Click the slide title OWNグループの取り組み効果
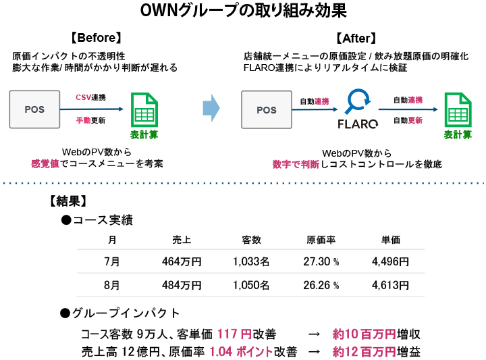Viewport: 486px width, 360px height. click(x=243, y=12)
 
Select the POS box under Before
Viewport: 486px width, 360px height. click(x=35, y=109)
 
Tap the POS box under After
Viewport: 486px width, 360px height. click(x=268, y=109)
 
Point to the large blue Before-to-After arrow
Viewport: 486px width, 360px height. click(x=211, y=108)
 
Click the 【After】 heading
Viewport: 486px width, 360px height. click(x=355, y=38)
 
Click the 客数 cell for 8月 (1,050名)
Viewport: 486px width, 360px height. click(x=251, y=285)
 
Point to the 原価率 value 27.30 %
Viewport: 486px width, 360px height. click(x=321, y=262)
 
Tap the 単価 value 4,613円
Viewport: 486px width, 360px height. click(x=390, y=285)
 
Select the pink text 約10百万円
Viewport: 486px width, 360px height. click(x=364, y=334)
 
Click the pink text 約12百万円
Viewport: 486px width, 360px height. click(x=364, y=352)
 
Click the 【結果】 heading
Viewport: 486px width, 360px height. click(x=67, y=201)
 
